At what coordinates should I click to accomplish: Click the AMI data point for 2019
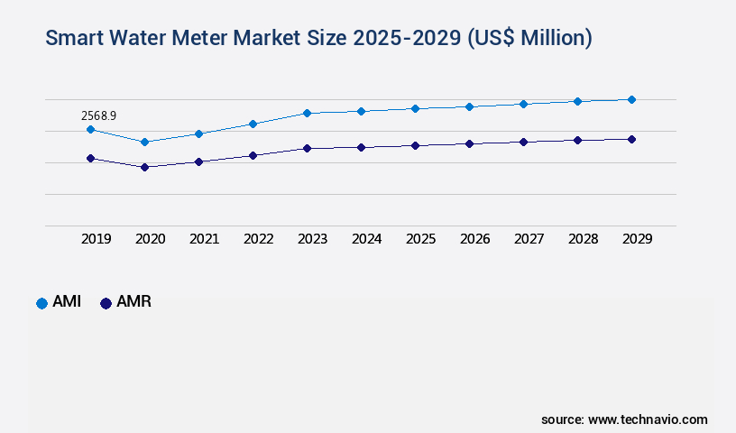pos(90,129)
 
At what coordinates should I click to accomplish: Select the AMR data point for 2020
pos(144,167)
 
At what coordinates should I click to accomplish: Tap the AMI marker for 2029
pos(631,99)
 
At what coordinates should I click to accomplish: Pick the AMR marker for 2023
pos(307,148)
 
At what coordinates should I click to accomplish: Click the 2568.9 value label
pos(98,115)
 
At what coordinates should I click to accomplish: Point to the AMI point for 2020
pos(144,142)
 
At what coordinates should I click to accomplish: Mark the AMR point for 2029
pos(631,139)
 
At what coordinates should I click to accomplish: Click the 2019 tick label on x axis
pos(97,239)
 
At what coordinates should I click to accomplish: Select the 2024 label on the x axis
pos(366,239)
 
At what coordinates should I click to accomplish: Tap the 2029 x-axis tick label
pos(637,239)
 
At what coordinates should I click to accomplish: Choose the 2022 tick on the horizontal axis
pos(258,239)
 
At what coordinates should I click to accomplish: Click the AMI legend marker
pos(41,303)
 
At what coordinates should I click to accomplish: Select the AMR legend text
pos(133,302)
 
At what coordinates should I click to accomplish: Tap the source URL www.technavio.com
pos(648,419)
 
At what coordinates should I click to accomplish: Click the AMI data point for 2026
pos(469,106)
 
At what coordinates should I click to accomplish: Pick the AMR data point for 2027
pos(523,142)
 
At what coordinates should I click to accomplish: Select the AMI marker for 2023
pos(307,113)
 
